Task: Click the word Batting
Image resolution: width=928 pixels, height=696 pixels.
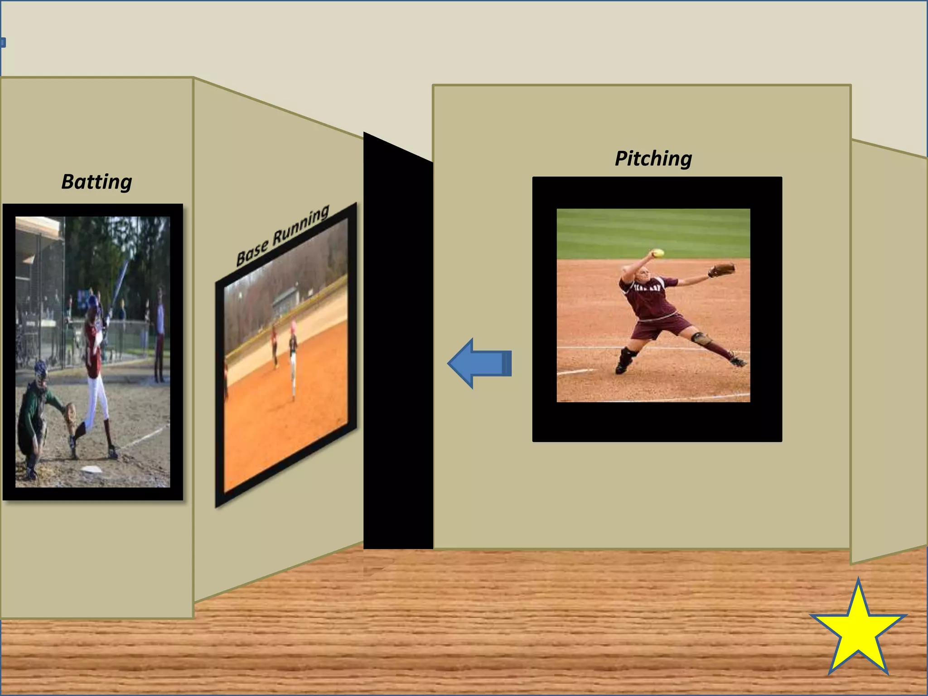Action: tap(97, 182)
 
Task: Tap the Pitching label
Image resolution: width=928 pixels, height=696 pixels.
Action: tap(653, 159)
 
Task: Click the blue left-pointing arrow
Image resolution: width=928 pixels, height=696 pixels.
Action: tap(479, 363)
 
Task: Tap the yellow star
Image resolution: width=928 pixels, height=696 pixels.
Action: tap(858, 631)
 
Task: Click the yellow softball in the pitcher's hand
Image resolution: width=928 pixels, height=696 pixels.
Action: tap(657, 253)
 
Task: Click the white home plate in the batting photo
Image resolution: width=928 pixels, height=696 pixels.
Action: tap(91, 469)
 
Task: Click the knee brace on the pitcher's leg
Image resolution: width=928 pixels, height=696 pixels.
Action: tap(699, 338)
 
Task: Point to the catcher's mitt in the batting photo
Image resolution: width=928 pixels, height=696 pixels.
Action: tap(70, 412)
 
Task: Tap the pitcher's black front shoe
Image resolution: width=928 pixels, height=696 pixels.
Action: tap(623, 365)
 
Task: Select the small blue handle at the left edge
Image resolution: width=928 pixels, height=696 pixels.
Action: tap(3, 43)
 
